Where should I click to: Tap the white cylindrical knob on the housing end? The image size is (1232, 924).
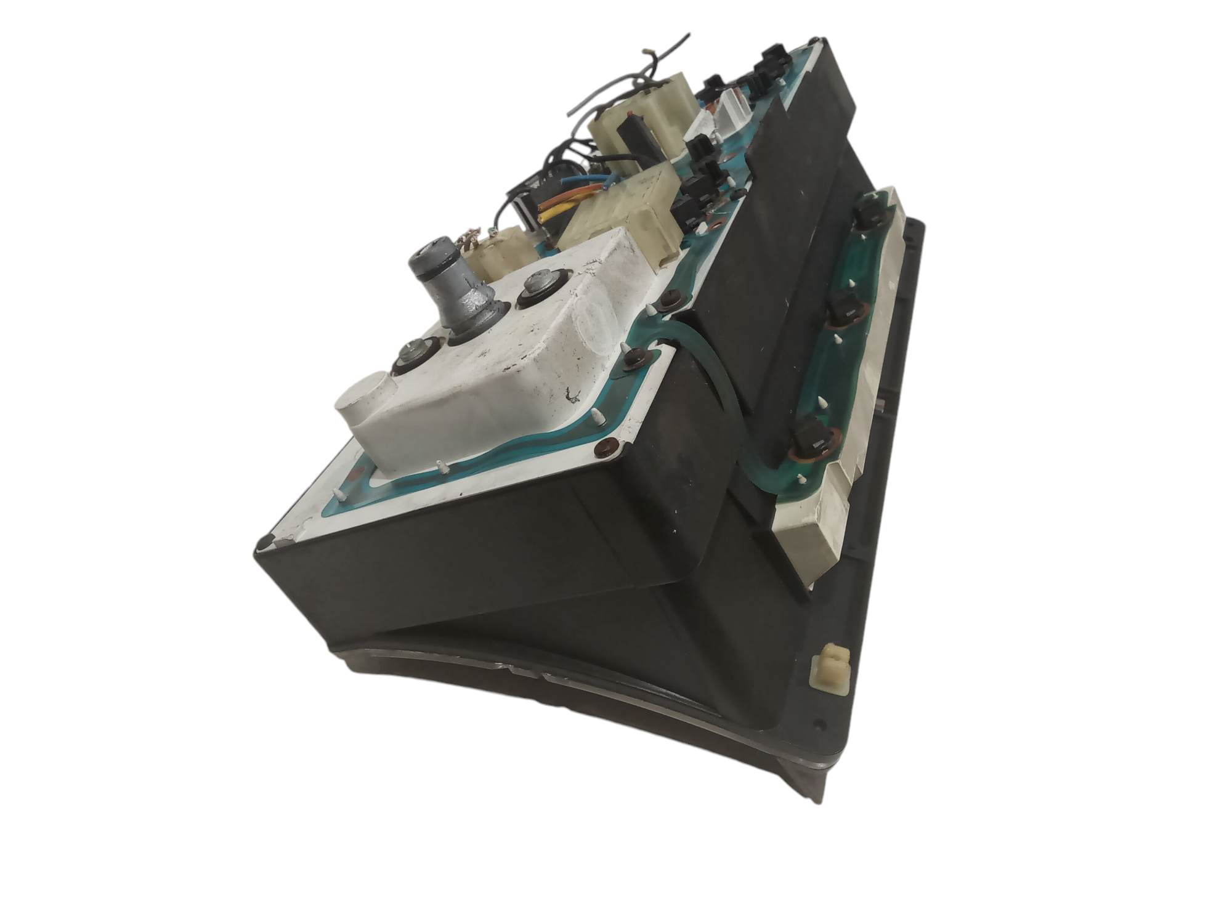364,400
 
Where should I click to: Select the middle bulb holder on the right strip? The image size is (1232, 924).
847,312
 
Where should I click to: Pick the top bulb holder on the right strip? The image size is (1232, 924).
868,216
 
